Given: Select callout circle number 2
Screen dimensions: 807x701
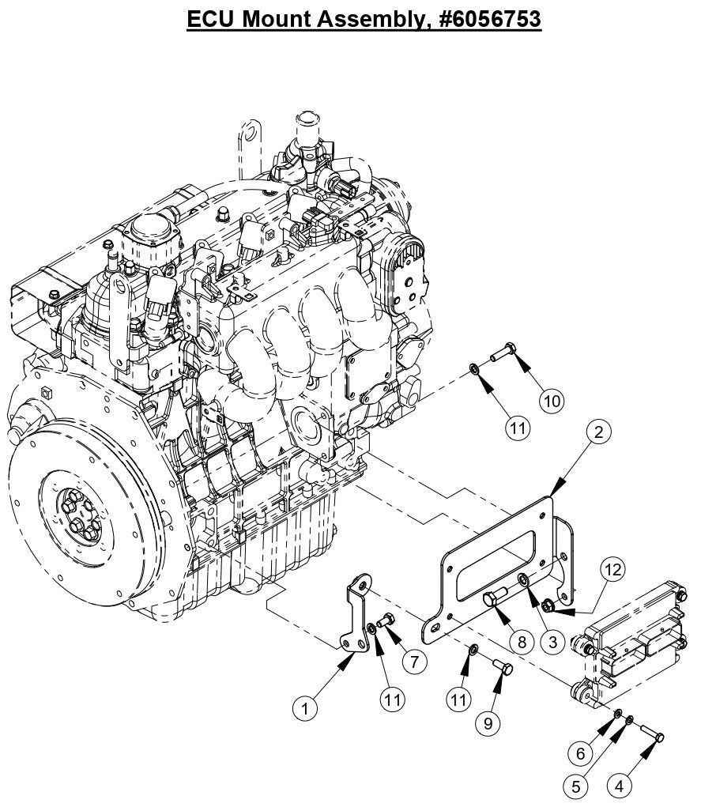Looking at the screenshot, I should [x=598, y=432].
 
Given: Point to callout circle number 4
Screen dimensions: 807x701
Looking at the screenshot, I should [x=620, y=786].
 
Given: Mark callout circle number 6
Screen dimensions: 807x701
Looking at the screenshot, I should [x=581, y=753].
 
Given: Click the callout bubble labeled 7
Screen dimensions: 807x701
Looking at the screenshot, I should [x=414, y=660].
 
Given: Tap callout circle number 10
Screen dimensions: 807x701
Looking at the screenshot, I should [x=552, y=401].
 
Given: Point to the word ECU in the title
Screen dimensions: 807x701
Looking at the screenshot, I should [x=210, y=18].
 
